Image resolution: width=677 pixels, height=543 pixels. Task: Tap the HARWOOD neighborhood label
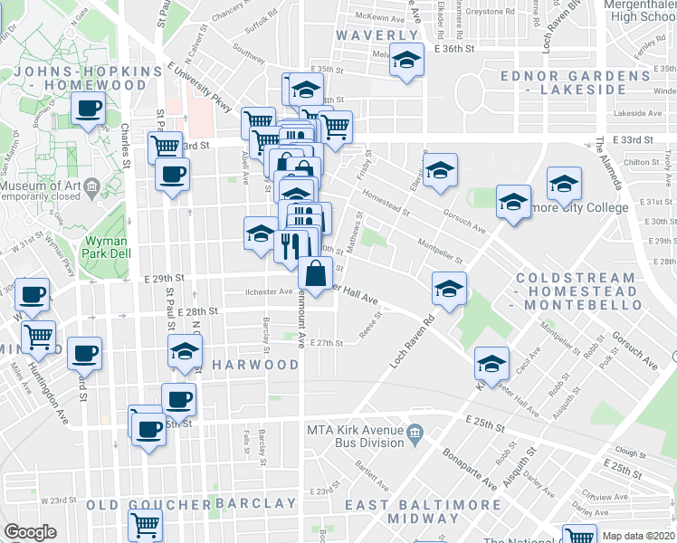pyautogui.click(x=255, y=365)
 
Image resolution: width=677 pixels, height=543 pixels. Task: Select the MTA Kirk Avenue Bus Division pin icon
pyautogui.click(x=415, y=435)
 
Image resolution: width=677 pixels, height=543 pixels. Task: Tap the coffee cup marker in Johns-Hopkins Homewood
pyautogui.click(x=89, y=109)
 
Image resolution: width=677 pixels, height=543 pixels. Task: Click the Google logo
pyautogui.click(x=30, y=532)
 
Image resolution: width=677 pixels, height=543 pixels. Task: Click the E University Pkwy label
pyautogui.click(x=199, y=87)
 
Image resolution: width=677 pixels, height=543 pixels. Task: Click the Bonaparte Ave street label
pyautogui.click(x=471, y=469)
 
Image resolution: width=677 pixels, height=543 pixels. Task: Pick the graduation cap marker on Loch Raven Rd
pyautogui.click(x=449, y=289)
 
